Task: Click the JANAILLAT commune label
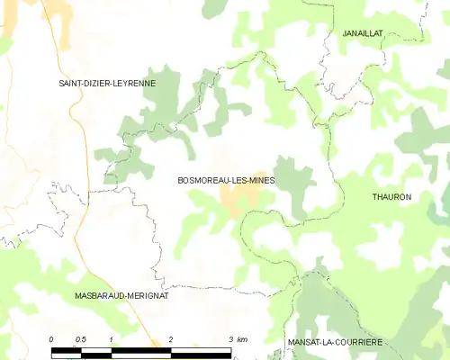click(x=363, y=33)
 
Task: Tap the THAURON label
click(x=391, y=196)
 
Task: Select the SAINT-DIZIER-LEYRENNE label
click(x=107, y=83)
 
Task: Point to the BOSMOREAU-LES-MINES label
click(x=226, y=180)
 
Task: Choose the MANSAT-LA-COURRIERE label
click(x=335, y=343)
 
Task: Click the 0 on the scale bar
click(x=51, y=338)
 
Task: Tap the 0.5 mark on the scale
click(x=81, y=338)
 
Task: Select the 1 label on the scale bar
click(x=111, y=338)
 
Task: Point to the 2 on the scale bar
click(x=170, y=338)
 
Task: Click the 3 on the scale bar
click(x=230, y=338)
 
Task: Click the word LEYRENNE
click(x=132, y=83)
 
